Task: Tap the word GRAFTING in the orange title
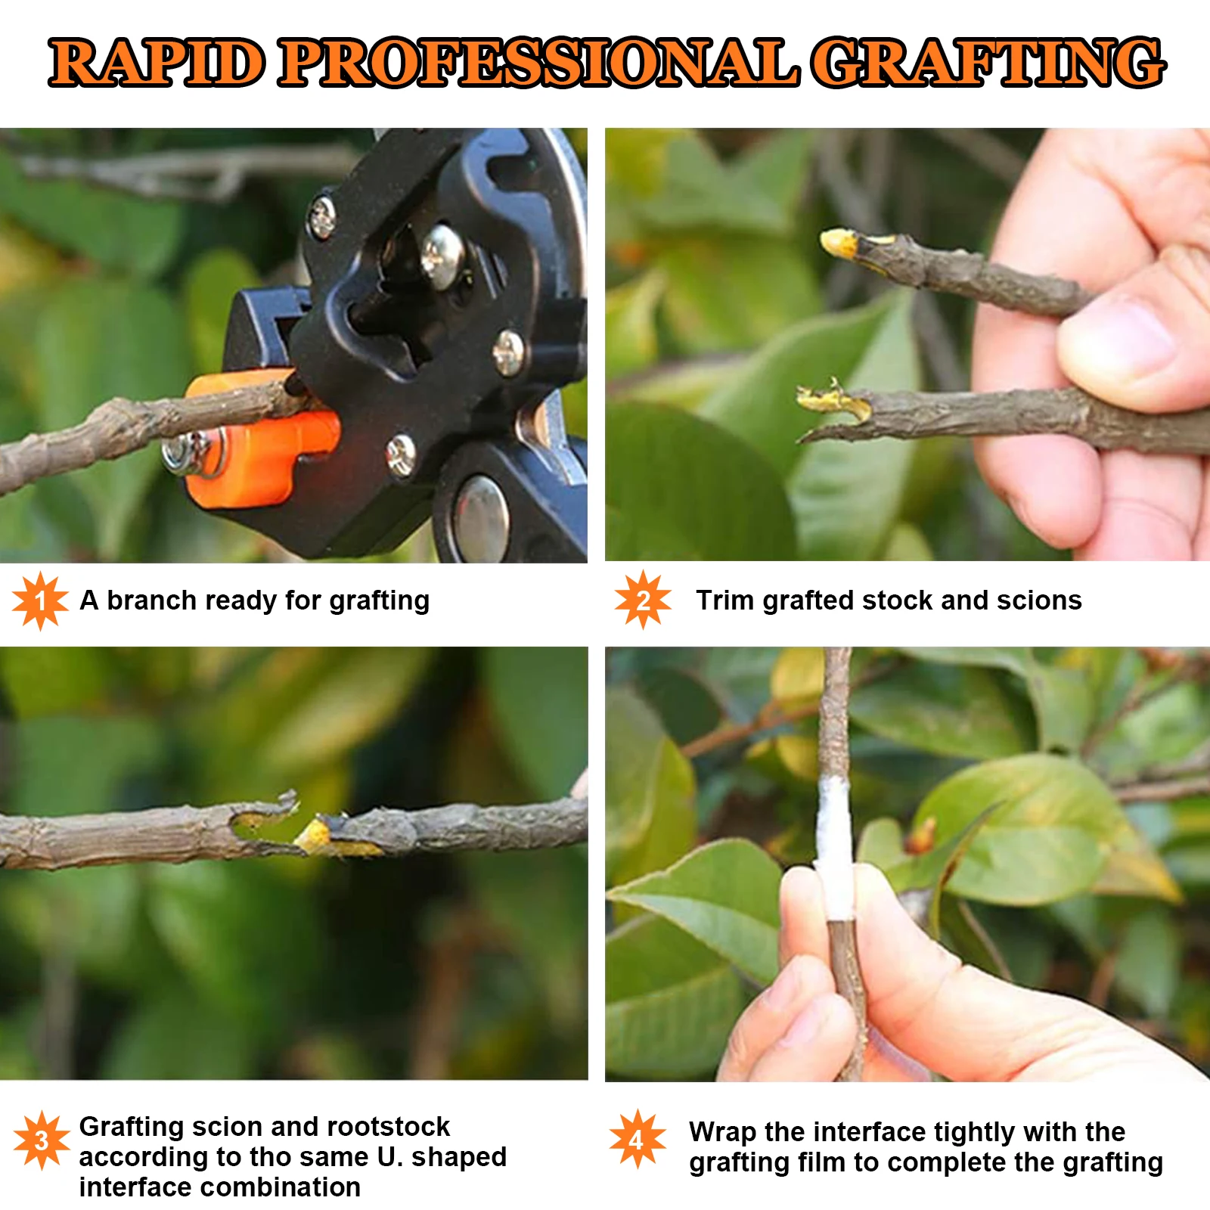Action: [x=988, y=62]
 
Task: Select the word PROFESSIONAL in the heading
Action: [x=539, y=62]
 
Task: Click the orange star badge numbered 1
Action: [x=40, y=601]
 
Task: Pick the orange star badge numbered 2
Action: [x=643, y=600]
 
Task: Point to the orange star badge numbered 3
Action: [x=42, y=1140]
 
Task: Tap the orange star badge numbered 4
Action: [x=638, y=1139]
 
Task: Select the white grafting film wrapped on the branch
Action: [x=834, y=847]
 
